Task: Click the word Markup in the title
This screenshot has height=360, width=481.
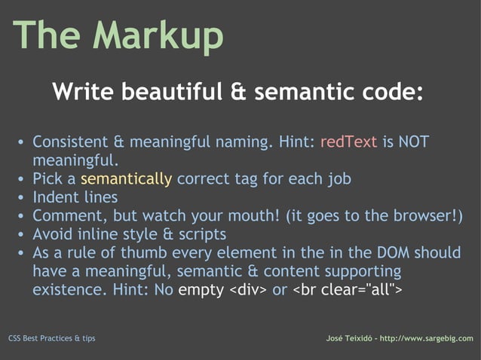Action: (160, 35)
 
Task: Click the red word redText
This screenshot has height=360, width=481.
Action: (348, 142)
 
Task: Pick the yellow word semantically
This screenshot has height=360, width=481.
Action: (126, 179)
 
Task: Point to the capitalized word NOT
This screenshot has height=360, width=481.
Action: (415, 142)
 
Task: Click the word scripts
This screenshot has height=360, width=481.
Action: (201, 234)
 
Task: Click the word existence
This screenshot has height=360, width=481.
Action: (69, 289)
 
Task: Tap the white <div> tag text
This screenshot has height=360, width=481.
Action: (247, 289)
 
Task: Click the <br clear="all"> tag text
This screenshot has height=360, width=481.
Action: (347, 289)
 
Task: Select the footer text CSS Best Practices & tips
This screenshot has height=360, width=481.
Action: (51, 338)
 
